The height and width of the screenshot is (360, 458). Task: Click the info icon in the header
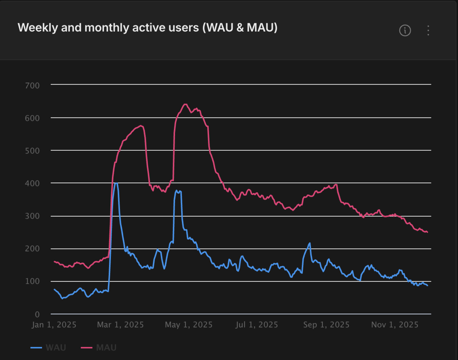point(405,31)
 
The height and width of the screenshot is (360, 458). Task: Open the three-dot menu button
point(428,31)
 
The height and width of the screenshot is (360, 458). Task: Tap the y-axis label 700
point(32,86)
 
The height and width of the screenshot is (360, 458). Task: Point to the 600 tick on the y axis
point(32,118)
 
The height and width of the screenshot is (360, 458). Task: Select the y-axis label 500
point(32,151)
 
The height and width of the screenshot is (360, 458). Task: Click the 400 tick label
point(32,183)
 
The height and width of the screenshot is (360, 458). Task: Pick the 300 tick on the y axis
point(32,216)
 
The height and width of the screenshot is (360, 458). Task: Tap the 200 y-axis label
point(32,249)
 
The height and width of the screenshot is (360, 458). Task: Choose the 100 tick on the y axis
point(32,281)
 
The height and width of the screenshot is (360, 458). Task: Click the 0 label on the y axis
point(37,314)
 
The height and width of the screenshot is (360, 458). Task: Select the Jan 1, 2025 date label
point(54,325)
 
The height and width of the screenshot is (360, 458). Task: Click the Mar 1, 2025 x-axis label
point(121,325)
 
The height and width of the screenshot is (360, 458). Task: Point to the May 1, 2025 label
point(189,325)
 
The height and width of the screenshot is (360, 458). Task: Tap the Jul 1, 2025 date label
point(256,325)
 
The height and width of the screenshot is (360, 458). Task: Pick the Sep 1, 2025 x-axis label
point(326,325)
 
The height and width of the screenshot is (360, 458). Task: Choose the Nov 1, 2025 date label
point(395,325)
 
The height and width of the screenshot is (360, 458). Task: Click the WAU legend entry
point(48,348)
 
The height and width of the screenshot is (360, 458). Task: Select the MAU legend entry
point(98,348)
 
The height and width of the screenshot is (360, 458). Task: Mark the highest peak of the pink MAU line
point(185,104)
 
